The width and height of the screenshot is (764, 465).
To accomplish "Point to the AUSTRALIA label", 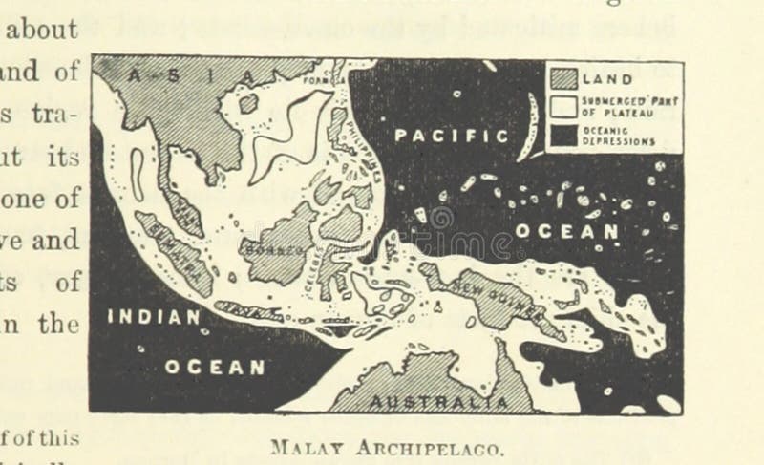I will [439, 402].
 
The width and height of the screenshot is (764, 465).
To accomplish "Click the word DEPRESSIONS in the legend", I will [622, 141].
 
